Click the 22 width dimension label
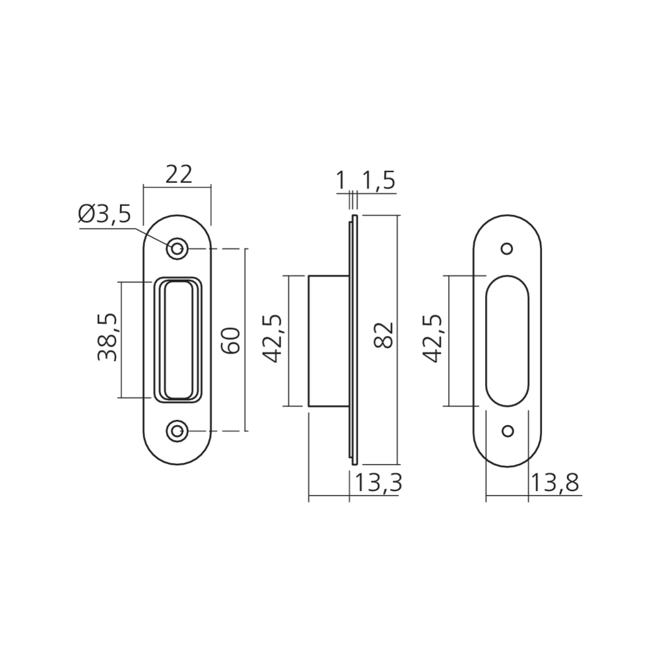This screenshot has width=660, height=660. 178,174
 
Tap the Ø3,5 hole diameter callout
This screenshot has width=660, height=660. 105,215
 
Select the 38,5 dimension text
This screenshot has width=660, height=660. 107,337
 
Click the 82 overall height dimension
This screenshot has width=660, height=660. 383,335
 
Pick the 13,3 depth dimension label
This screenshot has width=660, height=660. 379,483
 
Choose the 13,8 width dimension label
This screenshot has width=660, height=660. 555,483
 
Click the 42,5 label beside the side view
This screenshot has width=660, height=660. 273,338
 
